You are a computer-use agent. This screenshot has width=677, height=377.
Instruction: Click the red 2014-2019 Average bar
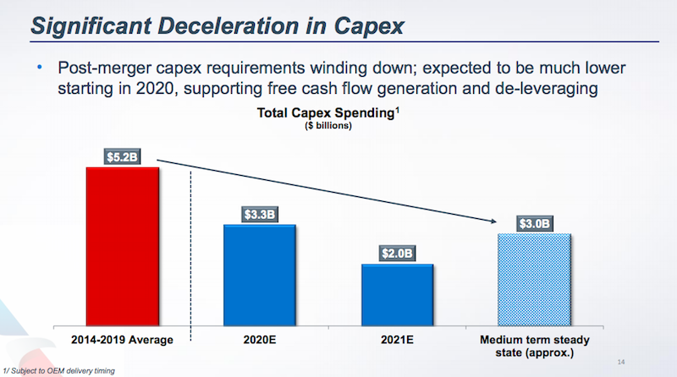(123, 245)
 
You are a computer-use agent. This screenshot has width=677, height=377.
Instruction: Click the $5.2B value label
(123, 156)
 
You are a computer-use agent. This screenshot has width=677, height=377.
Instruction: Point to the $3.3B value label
(260, 214)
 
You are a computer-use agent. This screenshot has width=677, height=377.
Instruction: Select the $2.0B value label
(397, 254)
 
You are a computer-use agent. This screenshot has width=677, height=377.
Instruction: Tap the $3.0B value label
(535, 224)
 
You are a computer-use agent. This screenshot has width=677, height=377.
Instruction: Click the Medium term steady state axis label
(535, 346)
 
